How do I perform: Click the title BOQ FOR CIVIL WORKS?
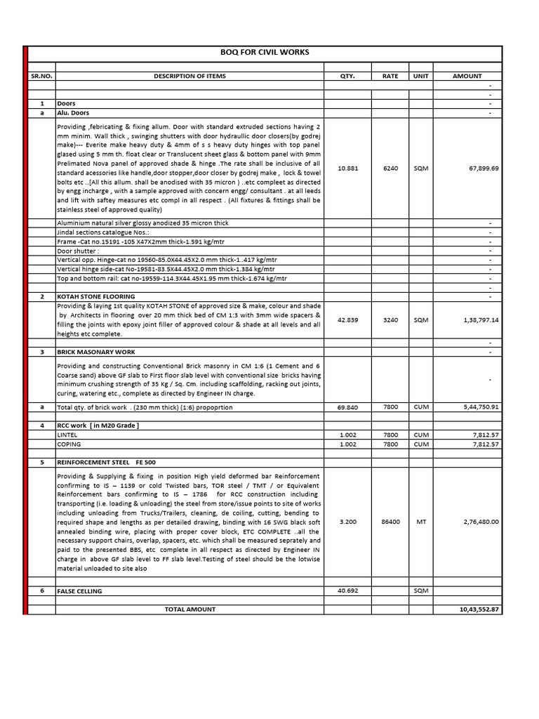(x=265, y=53)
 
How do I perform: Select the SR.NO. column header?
(x=41, y=76)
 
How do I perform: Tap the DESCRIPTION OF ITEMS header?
(x=189, y=76)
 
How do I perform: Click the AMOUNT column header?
(x=467, y=76)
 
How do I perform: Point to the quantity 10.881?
(x=347, y=169)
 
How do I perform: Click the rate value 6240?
(x=390, y=169)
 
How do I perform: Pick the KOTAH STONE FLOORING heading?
(x=95, y=297)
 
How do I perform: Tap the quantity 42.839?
(x=347, y=319)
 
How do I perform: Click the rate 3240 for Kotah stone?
(x=390, y=319)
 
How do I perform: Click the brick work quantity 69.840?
(x=347, y=407)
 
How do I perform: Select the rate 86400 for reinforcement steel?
(x=390, y=522)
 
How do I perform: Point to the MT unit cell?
(x=421, y=522)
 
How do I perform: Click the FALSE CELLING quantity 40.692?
(x=347, y=591)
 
